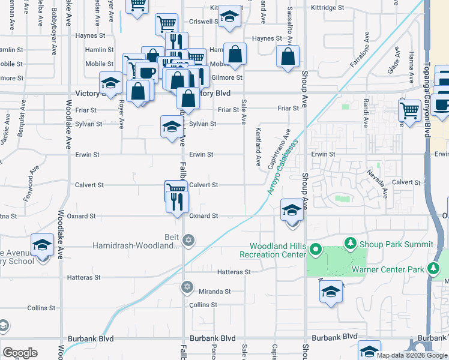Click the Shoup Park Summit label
click(396, 244)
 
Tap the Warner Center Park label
click(390, 269)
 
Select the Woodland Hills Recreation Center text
click(282, 250)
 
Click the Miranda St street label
click(215, 291)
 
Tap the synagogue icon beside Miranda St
click(188, 287)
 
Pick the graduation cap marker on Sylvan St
click(171, 126)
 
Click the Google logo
click(20, 353)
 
